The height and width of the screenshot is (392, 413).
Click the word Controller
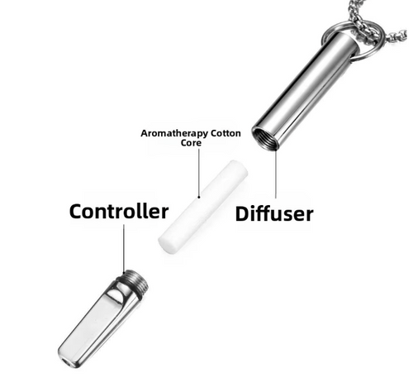coord(119,212)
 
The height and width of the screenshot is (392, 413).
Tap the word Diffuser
coord(274,213)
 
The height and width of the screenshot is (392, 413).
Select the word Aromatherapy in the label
coord(174,134)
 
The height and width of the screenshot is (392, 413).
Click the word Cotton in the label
coord(225,133)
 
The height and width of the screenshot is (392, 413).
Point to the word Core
coord(191,143)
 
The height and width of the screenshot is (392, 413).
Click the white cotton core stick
coord(203,206)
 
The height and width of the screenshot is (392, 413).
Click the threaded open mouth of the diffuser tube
coord(265,138)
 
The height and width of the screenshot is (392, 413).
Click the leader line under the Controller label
coord(124,247)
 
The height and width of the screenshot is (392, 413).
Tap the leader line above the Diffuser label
coord(275,174)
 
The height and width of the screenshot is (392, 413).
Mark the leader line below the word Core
coord(199,173)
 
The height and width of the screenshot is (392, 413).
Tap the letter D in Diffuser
coord(242,213)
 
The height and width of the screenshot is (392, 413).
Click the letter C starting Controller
coord(76,212)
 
